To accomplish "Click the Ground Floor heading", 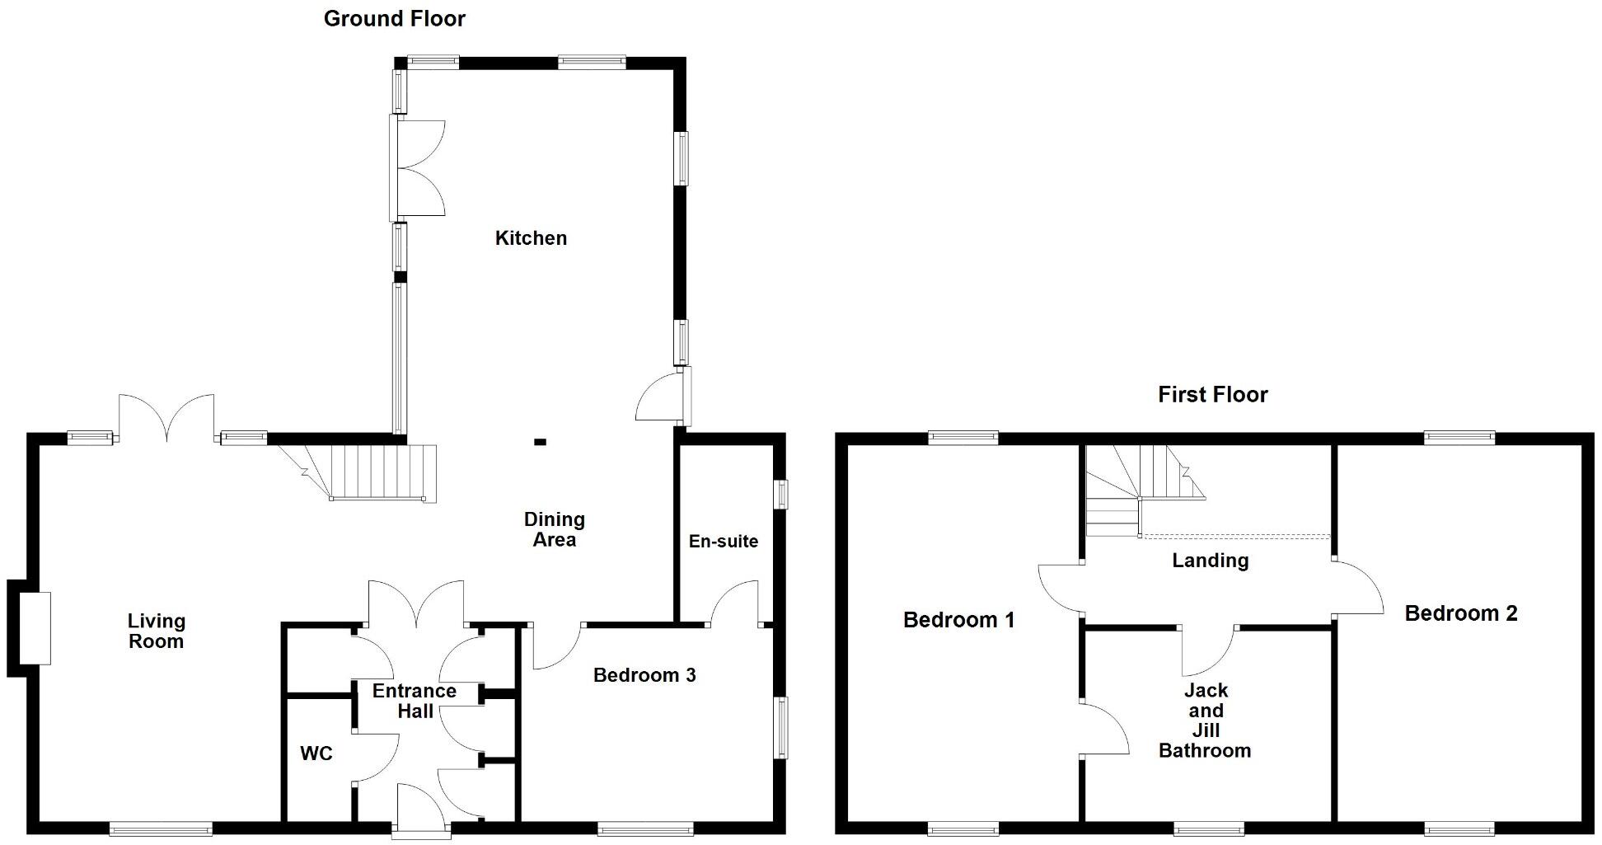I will [394, 18].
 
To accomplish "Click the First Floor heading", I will [1212, 394].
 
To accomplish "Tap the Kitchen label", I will [531, 238].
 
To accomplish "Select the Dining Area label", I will [554, 529].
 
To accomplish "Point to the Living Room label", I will [156, 631].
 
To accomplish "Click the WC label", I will [316, 753].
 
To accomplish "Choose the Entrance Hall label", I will [414, 701].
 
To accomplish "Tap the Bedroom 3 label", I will [644, 675].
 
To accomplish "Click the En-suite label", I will [723, 542].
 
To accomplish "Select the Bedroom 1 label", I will [958, 620].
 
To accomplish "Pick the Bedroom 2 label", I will [1460, 613].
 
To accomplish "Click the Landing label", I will [1210, 561].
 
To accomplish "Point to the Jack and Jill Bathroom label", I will [1205, 720].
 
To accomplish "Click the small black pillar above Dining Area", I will [540, 442].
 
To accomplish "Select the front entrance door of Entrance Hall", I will [422, 810].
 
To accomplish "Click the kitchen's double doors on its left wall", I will [419, 169].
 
